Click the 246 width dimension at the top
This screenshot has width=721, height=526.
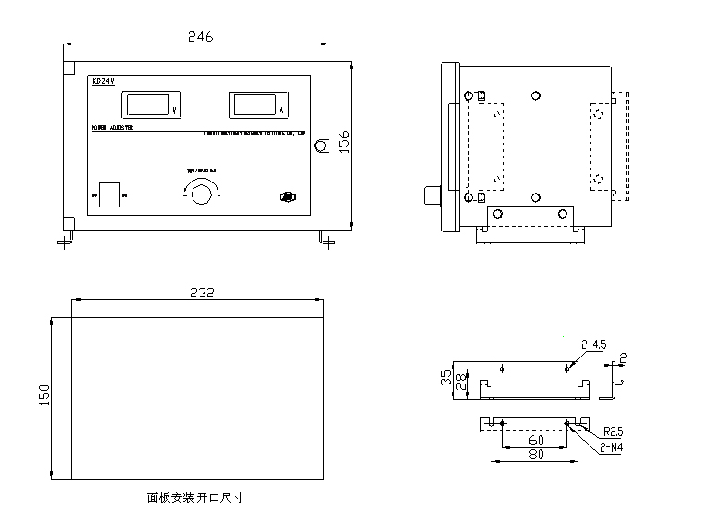[x=200, y=37]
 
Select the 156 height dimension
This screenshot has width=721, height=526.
[x=342, y=144]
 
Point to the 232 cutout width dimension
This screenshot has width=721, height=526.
[x=202, y=293]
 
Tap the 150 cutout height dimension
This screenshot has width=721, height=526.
[x=44, y=396]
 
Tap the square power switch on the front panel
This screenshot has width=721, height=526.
[x=110, y=194]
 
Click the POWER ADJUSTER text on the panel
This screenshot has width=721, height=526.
[x=111, y=128]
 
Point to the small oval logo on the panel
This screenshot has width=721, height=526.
[x=288, y=197]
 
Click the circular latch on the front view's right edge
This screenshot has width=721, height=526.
[x=321, y=146]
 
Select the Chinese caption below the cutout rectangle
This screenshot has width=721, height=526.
[x=195, y=497]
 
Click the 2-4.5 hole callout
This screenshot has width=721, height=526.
[x=593, y=344]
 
